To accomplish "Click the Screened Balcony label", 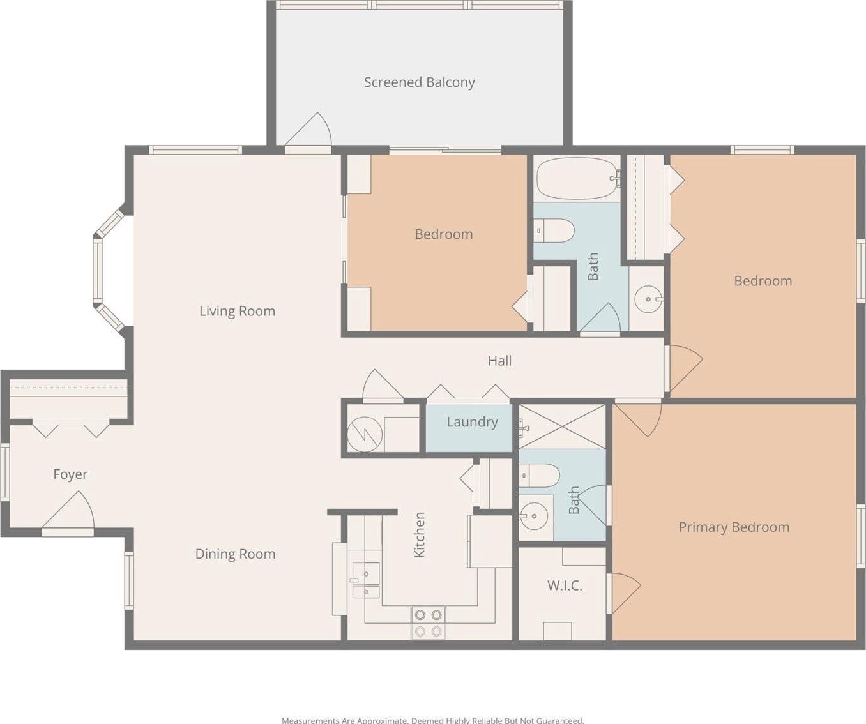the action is tap(420, 82).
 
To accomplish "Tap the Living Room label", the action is tap(237, 311).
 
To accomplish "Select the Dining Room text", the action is tap(235, 554).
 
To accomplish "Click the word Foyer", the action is tap(70, 474).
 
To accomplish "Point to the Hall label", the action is tap(500, 361).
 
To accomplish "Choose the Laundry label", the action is tap(472, 423).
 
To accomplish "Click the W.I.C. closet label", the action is tap(565, 585).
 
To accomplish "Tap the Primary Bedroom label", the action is tap(734, 527).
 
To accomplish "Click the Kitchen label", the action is tap(420, 535).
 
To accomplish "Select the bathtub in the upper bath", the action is tap(577, 179).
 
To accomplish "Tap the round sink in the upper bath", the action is tap(648, 299).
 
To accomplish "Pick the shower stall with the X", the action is tap(562, 426).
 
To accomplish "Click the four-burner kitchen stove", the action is tap(428, 623).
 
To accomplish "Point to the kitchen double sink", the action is tap(366, 580).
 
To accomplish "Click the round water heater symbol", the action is tap(364, 434).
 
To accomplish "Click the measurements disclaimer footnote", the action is tap(432, 720).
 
